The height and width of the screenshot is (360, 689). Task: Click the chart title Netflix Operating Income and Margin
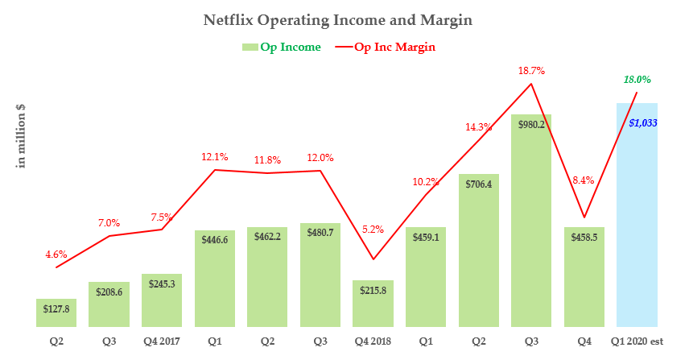344,18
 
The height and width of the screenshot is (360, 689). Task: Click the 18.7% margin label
531,71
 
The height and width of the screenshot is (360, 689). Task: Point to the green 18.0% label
637,80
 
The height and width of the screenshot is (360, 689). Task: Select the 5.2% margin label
373,230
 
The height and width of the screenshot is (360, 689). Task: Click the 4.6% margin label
56,254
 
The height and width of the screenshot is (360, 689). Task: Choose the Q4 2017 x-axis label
161,341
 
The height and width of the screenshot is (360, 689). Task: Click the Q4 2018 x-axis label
373,341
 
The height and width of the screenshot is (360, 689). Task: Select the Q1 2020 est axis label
637,341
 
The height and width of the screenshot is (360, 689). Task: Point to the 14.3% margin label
478,126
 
